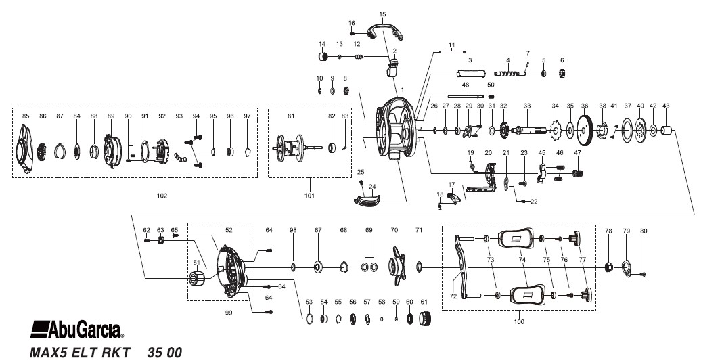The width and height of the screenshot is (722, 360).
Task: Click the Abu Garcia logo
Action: [x=76, y=330]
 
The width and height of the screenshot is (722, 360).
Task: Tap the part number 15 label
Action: [x=382, y=14]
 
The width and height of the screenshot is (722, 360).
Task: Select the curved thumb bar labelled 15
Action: [x=385, y=30]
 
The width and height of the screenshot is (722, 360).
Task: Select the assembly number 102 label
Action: [x=162, y=196]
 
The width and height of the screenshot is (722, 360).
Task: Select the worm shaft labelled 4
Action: [x=510, y=74]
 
